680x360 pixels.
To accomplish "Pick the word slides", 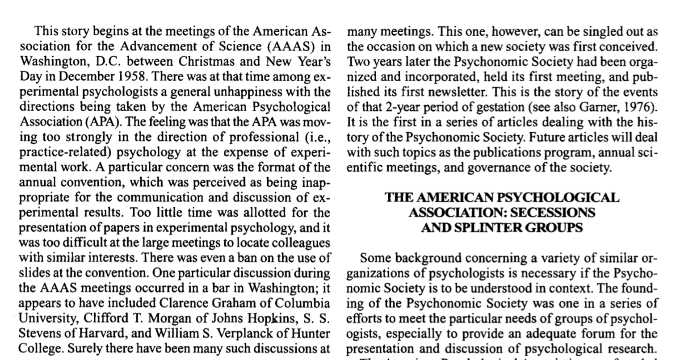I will (x=32, y=272).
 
